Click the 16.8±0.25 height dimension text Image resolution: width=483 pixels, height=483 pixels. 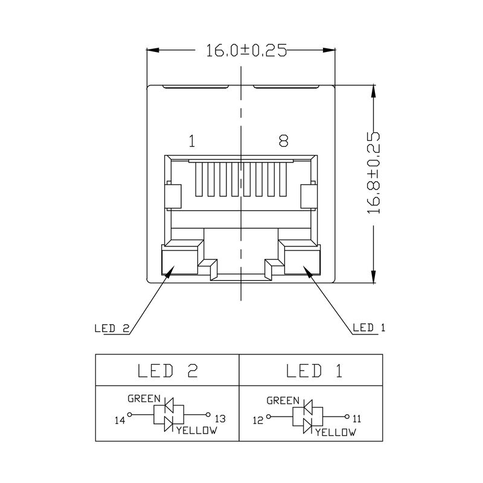(374, 173)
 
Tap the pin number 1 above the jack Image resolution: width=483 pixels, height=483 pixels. (191, 142)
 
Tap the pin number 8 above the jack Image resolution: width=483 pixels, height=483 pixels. (283, 142)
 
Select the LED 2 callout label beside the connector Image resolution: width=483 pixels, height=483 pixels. (112, 329)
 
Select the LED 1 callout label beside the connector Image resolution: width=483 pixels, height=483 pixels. (369, 328)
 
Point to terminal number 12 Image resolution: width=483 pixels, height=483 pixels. (258, 418)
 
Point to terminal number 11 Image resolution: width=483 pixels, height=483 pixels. (357, 418)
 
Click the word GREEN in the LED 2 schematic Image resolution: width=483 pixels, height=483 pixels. (144, 399)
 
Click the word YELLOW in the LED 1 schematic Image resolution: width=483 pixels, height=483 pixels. (336, 432)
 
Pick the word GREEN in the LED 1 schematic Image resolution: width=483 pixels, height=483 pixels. (283, 401)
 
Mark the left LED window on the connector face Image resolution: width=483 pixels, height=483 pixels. (179, 261)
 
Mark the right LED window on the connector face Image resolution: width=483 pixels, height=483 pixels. (301, 261)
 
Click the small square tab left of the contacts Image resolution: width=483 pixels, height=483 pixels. (173, 195)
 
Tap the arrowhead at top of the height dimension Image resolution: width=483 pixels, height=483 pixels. (375, 90)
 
